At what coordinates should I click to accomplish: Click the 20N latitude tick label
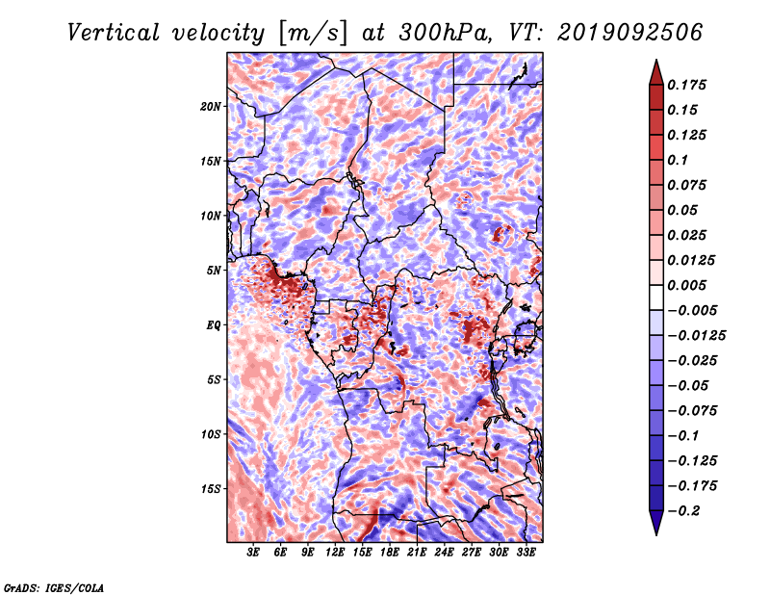coord(211,107)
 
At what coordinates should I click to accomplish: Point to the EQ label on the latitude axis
coord(214,325)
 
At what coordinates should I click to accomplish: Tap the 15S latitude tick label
coord(211,489)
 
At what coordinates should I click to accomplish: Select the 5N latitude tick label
coord(214,271)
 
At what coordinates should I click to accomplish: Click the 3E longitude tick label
coord(253,553)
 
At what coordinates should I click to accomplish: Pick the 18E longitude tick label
coord(390,553)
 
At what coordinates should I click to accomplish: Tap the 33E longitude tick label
coord(526,553)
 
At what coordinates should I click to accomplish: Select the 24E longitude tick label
coord(444,553)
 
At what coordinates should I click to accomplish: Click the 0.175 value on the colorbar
coord(686,85)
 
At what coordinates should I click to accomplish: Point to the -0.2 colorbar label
coord(682,511)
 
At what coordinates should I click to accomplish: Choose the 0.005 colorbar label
coord(686,285)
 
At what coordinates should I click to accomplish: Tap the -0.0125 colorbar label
coord(696,336)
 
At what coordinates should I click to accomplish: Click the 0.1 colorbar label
coord(678,160)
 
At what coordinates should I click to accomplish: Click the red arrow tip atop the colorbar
coord(656,61)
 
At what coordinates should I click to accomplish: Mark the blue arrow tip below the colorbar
coord(656,534)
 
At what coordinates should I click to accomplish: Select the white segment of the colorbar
coord(656,297)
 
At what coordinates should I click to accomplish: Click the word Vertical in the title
coord(114,33)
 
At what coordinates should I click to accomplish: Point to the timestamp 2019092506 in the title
coord(630,33)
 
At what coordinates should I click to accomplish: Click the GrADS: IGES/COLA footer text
coord(54,587)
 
